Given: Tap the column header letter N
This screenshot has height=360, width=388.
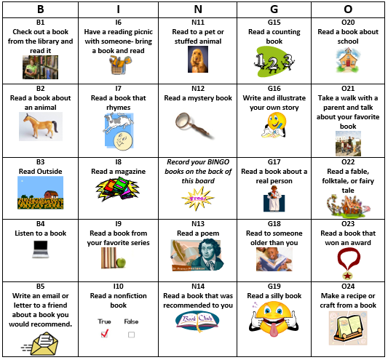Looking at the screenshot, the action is (x=197, y=9).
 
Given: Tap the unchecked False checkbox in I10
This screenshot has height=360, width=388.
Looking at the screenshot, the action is (x=131, y=334).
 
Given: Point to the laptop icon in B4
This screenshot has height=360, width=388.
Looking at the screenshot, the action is (x=40, y=250).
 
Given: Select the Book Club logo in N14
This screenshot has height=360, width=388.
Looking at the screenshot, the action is (x=197, y=322).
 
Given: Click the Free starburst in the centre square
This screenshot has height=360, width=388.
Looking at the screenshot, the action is (x=197, y=198).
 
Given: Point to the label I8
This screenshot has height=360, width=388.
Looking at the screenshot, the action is (x=118, y=161).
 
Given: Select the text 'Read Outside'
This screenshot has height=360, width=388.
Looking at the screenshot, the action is (x=40, y=171).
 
